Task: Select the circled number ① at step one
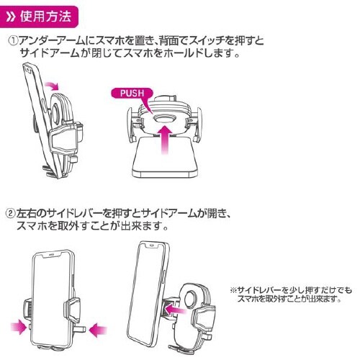(12, 42)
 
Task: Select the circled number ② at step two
(12, 214)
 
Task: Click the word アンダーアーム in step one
(48, 42)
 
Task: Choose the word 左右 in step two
(27, 214)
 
